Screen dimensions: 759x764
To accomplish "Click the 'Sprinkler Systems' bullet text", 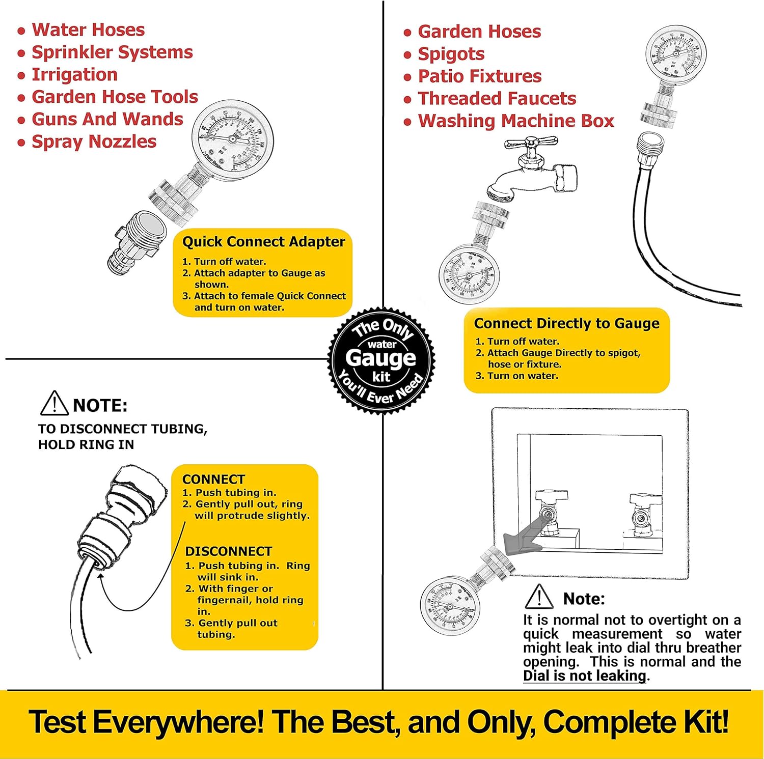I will click(x=112, y=52).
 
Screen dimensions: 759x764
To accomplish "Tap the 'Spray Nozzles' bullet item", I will click(x=94, y=142).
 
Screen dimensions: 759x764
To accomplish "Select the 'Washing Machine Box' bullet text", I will click(x=515, y=121).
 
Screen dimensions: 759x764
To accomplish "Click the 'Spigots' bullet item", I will click(x=451, y=54).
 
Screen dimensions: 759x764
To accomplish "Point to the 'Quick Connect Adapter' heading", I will click(x=263, y=242).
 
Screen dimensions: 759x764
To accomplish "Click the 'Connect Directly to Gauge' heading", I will click(x=566, y=324).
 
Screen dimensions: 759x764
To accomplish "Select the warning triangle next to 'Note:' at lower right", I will click(x=539, y=597).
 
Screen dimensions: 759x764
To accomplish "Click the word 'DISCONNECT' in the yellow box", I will click(x=228, y=552).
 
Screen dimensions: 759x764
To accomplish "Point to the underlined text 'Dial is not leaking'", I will click(x=585, y=676).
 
